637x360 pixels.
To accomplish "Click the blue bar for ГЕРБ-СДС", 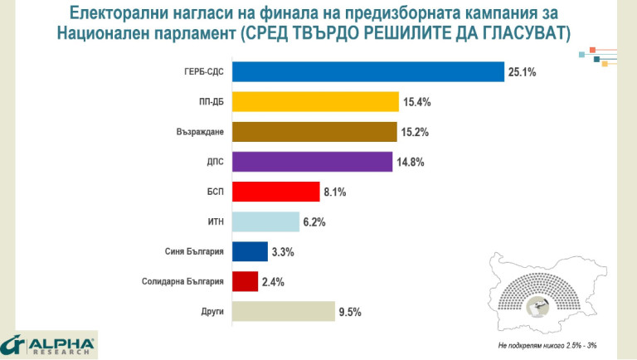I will tap(368, 72).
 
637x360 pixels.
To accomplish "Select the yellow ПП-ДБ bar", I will tap(316, 102).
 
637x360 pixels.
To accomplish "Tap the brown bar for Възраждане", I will tap(314, 132).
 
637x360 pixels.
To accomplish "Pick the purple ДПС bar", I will tap(312, 162).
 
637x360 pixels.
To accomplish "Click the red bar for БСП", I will tap(275, 192).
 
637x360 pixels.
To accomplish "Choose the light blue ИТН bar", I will tap(265, 221).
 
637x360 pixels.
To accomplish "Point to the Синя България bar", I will tap(250, 251).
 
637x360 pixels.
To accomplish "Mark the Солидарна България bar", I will tap(245, 281).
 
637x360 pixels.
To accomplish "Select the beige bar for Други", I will tap(283, 312).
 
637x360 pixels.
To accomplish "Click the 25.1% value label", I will tap(523, 73).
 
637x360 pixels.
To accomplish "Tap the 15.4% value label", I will tap(418, 103).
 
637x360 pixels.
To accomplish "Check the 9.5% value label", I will tap(350, 313).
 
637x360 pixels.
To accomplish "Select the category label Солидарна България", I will tap(183, 282).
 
